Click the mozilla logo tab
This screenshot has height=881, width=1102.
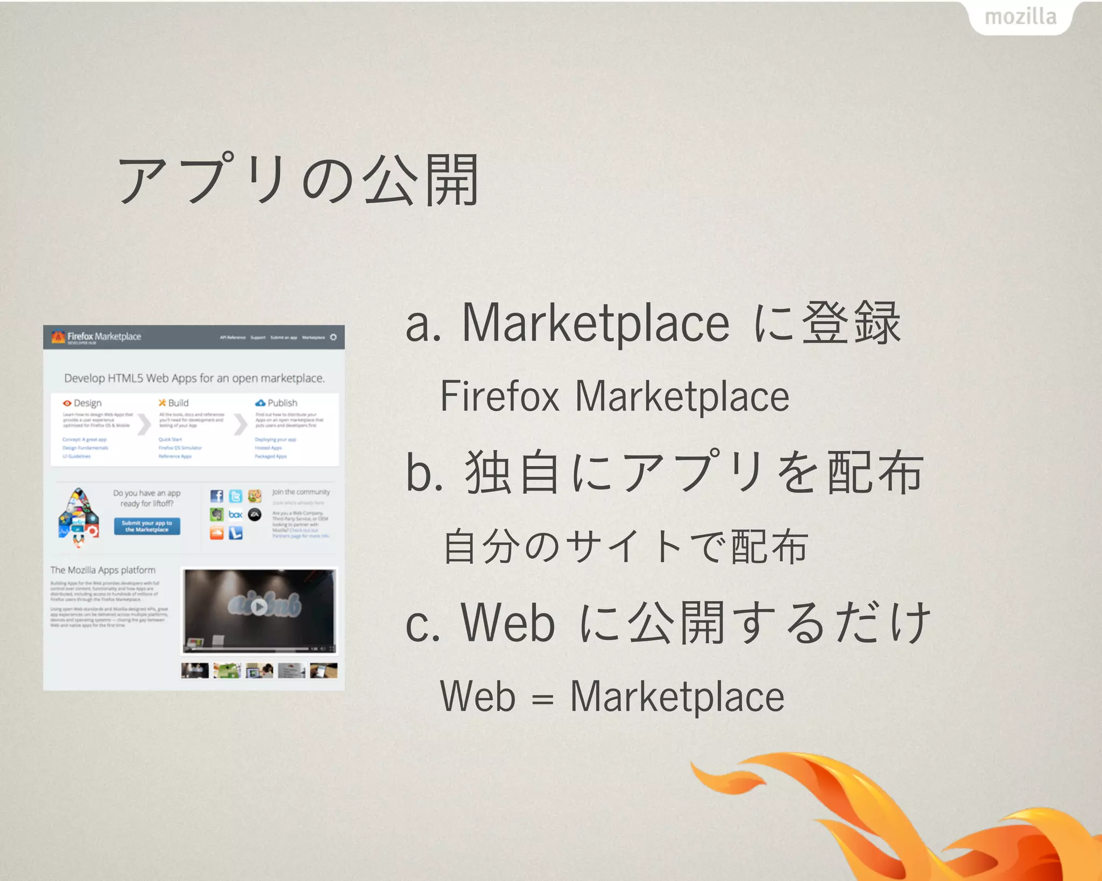[1020, 17]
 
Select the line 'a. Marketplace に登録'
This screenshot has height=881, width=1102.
[653, 323]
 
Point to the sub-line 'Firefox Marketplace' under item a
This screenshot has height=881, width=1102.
[614, 396]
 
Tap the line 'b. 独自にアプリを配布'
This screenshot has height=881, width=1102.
[665, 472]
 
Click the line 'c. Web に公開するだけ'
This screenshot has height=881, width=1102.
[668, 623]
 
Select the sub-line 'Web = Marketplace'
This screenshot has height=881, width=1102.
[612, 697]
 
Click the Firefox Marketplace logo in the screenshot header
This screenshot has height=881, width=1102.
[97, 337]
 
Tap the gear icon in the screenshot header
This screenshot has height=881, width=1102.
[334, 337]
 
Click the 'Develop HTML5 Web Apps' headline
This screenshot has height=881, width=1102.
[194, 378]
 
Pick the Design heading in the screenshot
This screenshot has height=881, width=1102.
[83, 403]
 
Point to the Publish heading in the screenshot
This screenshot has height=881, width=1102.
[277, 403]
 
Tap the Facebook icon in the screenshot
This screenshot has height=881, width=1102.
[216, 496]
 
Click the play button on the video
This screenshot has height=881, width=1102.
[259, 607]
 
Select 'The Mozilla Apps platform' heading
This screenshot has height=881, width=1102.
[103, 570]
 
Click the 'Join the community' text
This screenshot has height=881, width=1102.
[301, 492]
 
